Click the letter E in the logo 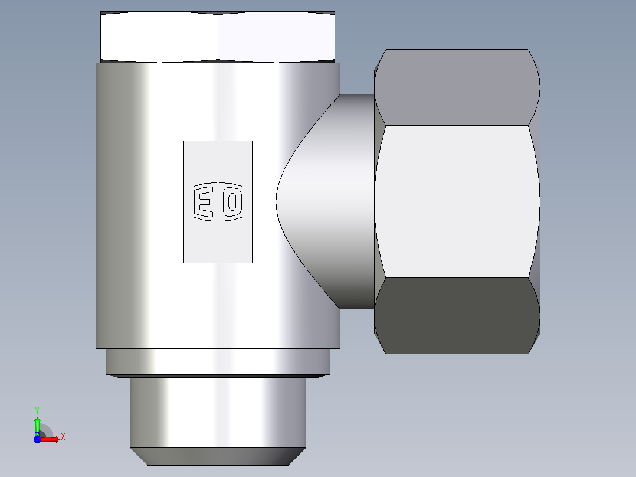pyautogui.click(x=203, y=202)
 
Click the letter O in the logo pyautogui.click(x=232, y=202)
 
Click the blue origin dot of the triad pyautogui.click(x=37, y=439)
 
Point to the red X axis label pyautogui.click(x=63, y=437)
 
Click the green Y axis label pyautogui.click(x=37, y=411)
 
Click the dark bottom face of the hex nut pyautogui.click(x=457, y=316)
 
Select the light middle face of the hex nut pyautogui.click(x=457, y=201)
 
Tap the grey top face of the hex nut pyautogui.click(x=457, y=87)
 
